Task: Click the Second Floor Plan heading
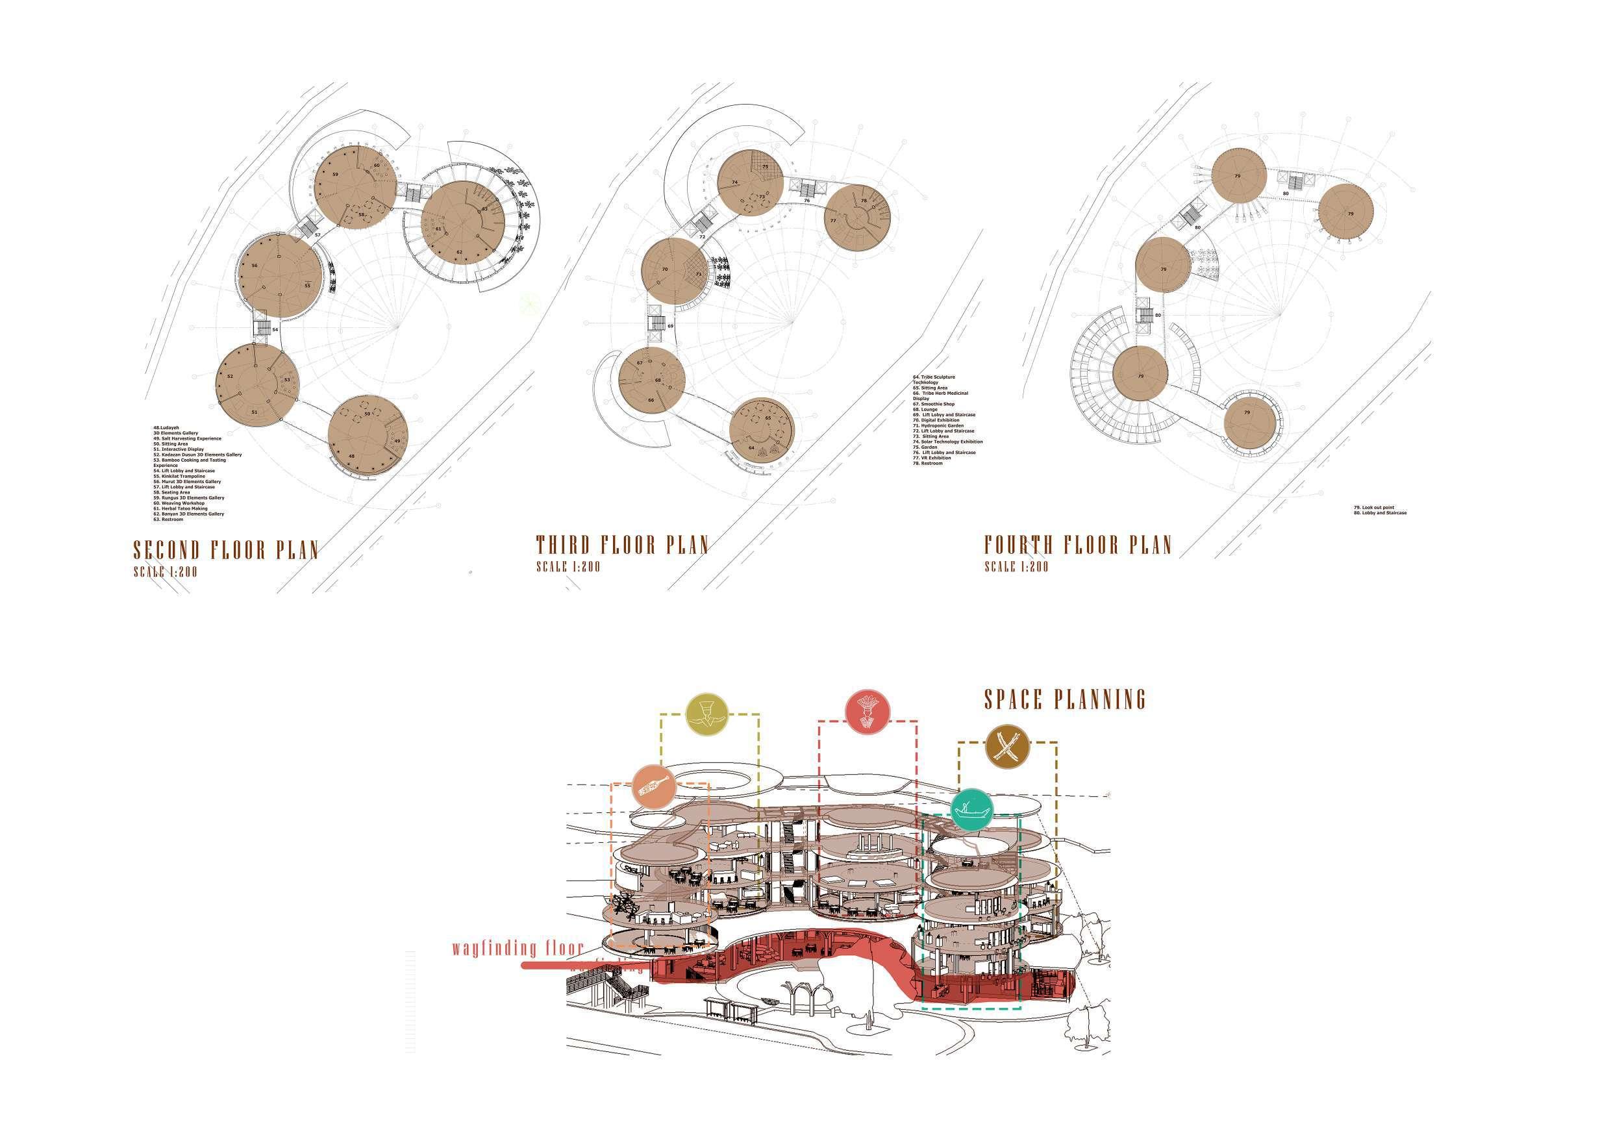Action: pyautogui.click(x=226, y=549)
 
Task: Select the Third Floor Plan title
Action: pyautogui.click(x=622, y=545)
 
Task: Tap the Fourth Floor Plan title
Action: pyautogui.click(x=1078, y=545)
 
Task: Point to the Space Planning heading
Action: pyautogui.click(x=1065, y=699)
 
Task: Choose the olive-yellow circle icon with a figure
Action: pyautogui.click(x=708, y=715)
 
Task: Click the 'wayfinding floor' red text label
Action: pyautogui.click(x=518, y=949)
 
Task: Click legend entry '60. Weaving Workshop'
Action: pyautogui.click(x=180, y=503)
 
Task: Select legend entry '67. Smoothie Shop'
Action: pyautogui.click(x=934, y=403)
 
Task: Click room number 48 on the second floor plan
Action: pyautogui.click(x=351, y=456)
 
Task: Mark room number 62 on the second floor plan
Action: pyautogui.click(x=460, y=252)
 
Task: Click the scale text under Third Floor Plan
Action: pyautogui.click(x=568, y=566)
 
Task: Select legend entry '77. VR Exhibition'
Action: pyautogui.click(x=932, y=458)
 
